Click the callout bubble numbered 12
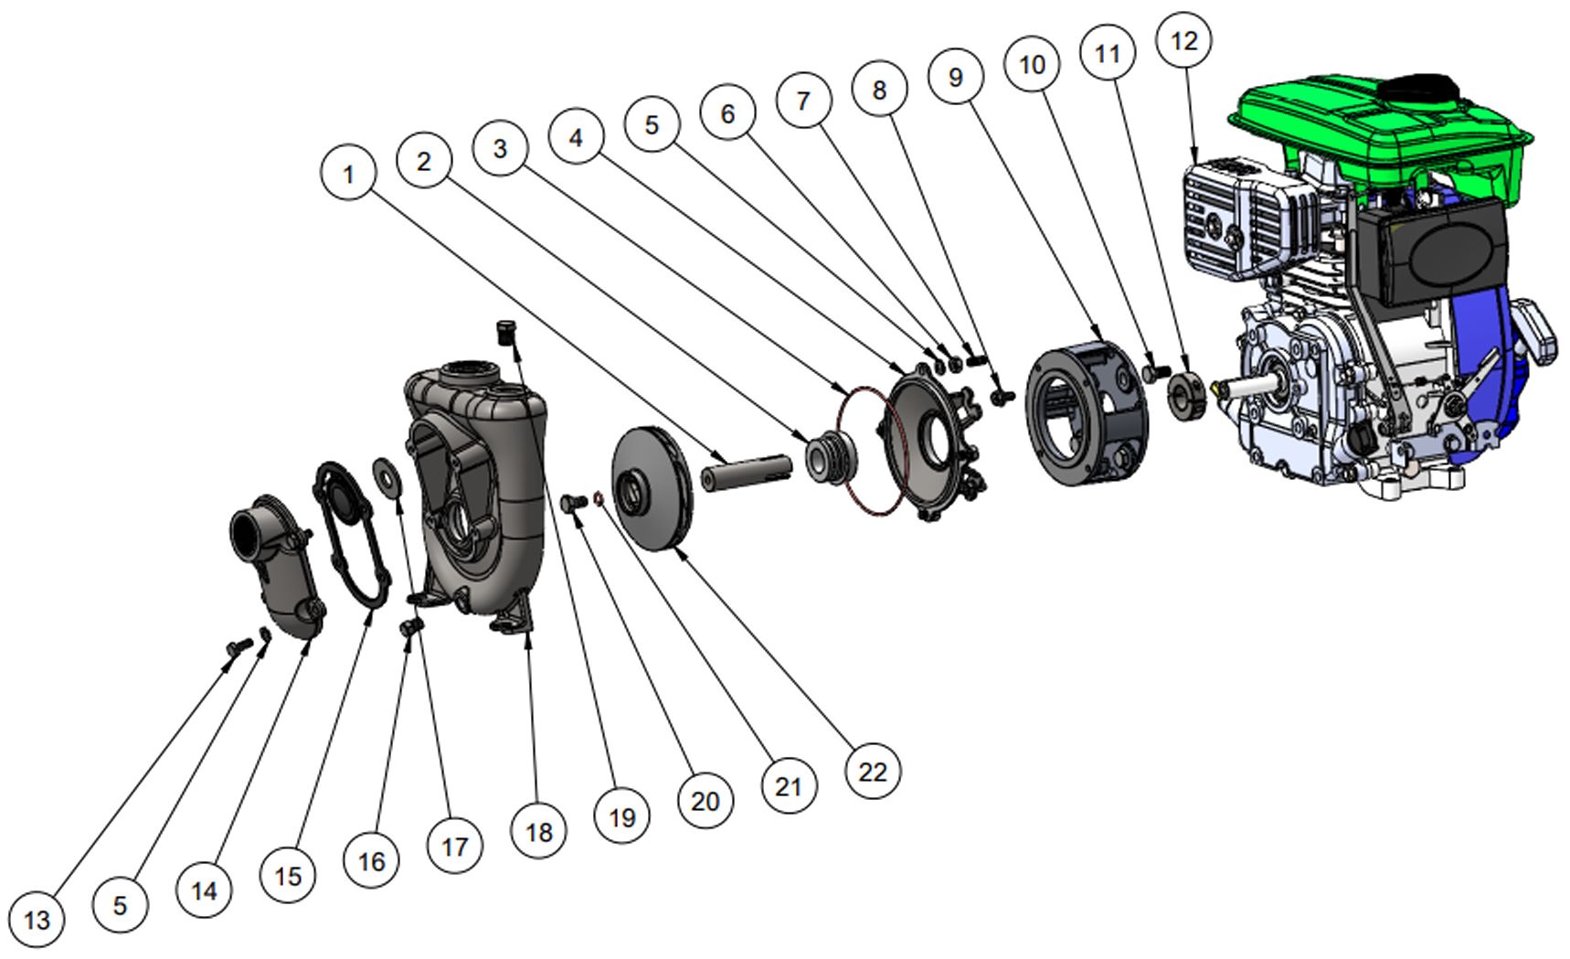click(1183, 40)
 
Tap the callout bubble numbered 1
click(348, 173)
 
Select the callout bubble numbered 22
click(873, 772)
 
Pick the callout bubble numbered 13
click(37, 919)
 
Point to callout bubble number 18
click(539, 831)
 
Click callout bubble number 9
click(956, 76)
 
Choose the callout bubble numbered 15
click(287, 876)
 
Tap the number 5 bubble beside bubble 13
click(120, 905)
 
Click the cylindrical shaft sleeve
click(745, 473)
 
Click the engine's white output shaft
click(1243, 385)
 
